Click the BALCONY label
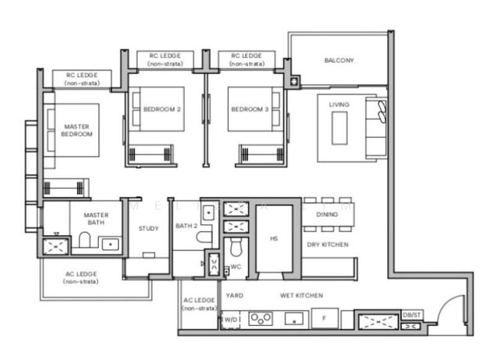[338, 61]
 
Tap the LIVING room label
[338, 105]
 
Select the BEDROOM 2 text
[161, 109]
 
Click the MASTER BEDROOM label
[77, 131]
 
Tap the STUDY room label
[148, 228]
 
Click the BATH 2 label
[186, 226]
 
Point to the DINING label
[327, 215]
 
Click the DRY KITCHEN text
[327, 244]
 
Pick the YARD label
[235, 296]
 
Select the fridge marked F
[323, 319]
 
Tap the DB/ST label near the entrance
[412, 315]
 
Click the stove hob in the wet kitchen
[260, 319]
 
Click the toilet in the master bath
[85, 241]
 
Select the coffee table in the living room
[339, 129]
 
